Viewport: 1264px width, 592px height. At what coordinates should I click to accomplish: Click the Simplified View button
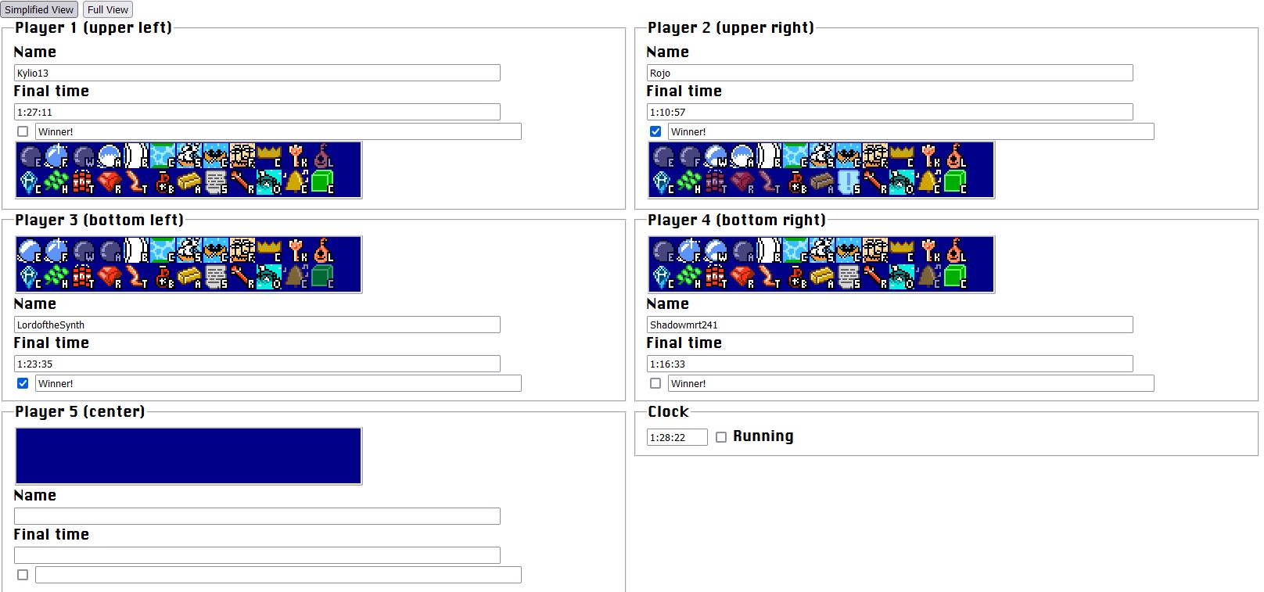point(39,9)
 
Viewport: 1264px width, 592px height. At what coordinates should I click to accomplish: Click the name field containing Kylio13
point(257,73)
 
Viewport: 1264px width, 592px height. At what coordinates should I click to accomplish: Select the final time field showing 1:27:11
point(257,112)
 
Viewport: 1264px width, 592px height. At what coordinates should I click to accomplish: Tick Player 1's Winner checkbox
point(23,131)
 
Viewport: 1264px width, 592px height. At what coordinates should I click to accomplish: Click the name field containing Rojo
point(889,73)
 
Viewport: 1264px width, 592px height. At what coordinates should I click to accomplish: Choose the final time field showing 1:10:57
point(889,112)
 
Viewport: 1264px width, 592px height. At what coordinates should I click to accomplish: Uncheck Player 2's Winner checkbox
point(655,131)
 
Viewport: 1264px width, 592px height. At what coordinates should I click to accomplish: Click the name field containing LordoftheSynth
point(257,325)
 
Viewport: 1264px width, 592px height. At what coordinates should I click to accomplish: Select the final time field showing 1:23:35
point(257,364)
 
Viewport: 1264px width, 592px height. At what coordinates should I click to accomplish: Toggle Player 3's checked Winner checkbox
point(23,383)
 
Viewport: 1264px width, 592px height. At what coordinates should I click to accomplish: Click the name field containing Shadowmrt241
point(889,325)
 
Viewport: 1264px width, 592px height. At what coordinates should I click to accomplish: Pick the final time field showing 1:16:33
point(889,364)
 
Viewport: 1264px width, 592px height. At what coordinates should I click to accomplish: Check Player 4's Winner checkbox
point(655,383)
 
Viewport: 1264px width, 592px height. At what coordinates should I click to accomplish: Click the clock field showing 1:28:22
point(677,437)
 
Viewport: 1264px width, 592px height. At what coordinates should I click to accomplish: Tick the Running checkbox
point(721,437)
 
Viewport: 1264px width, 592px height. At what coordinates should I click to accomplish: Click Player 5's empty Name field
point(257,516)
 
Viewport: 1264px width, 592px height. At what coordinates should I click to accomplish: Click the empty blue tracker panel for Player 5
point(189,456)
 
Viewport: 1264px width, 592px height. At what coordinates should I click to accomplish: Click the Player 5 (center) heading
point(80,411)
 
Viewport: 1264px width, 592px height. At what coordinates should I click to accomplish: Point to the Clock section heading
point(668,411)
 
